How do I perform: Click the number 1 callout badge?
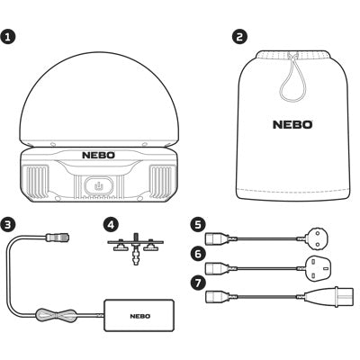pyautogui.click(x=7, y=37)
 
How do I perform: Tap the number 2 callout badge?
pyautogui.click(x=240, y=37)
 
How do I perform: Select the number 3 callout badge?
pyautogui.click(x=7, y=225)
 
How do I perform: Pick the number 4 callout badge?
pyautogui.click(x=111, y=225)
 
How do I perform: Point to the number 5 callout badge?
pyautogui.click(x=197, y=225)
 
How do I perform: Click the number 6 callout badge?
pyautogui.click(x=197, y=254)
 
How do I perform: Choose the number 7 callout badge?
pyautogui.click(x=197, y=284)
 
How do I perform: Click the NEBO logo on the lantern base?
pyautogui.click(x=98, y=155)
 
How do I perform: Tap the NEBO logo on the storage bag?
pyautogui.click(x=292, y=124)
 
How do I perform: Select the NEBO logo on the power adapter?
pyautogui.click(x=140, y=316)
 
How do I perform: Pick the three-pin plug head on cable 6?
pyautogui.click(x=318, y=267)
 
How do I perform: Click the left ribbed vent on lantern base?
pyautogui.click(x=38, y=182)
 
